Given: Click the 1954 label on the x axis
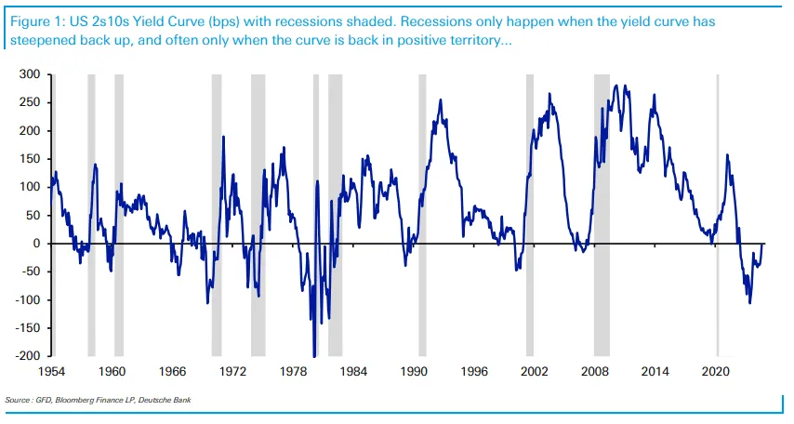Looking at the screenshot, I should [x=51, y=371].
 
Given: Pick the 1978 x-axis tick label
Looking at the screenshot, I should [x=294, y=371].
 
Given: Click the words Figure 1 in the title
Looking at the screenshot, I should [x=33, y=20].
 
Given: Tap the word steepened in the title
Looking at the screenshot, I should [x=42, y=42].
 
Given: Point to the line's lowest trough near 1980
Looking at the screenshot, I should [x=314, y=354].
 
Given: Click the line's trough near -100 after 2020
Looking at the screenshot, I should [x=749, y=302].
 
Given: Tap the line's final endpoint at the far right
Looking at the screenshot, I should [x=764, y=244].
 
